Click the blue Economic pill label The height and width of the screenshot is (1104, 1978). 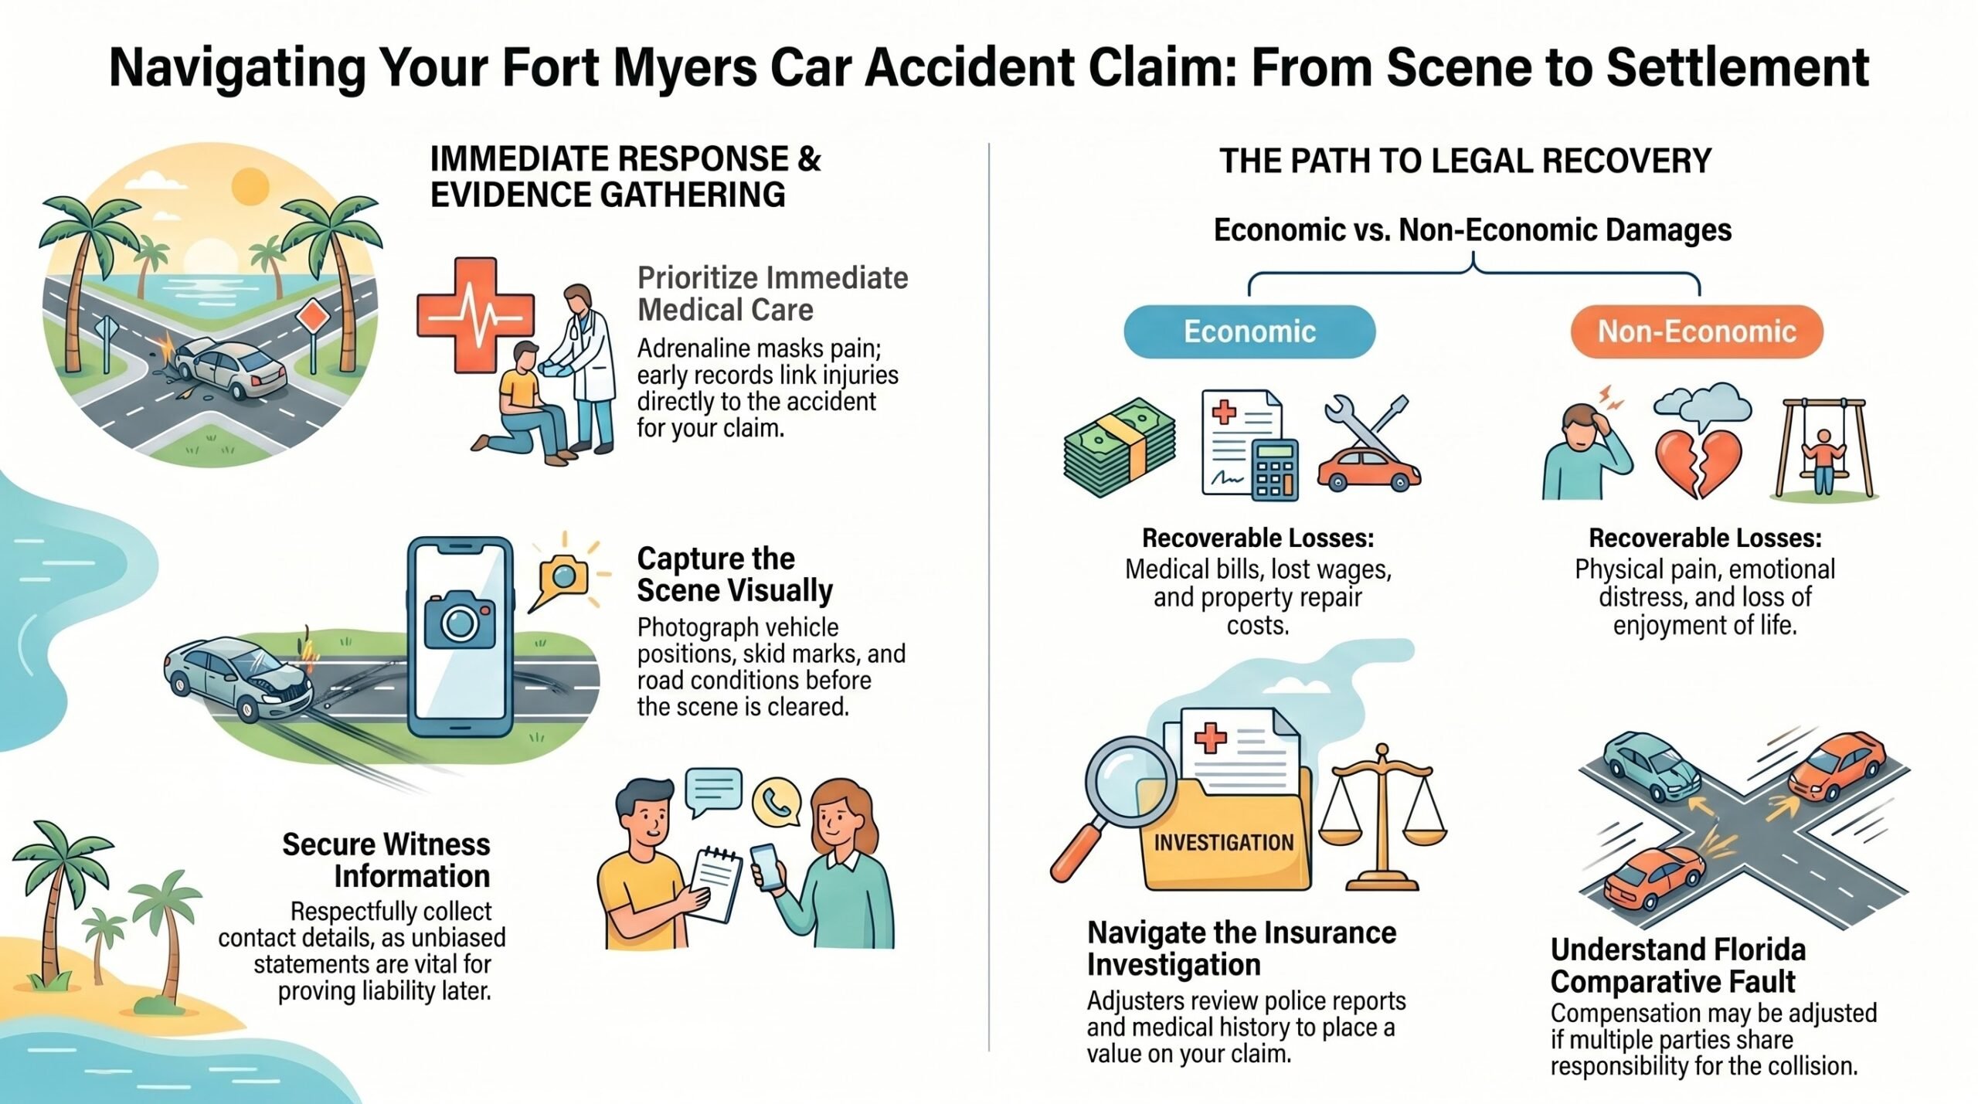(1249, 331)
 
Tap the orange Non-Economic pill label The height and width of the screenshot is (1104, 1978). (1697, 331)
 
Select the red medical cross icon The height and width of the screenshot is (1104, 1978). (474, 315)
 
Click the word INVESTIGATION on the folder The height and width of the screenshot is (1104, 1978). (1223, 842)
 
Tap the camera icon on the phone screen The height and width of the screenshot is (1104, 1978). (460, 619)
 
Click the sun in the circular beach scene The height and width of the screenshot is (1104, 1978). (249, 187)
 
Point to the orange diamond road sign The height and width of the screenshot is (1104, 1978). (312, 317)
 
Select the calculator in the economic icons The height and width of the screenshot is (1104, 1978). (1275, 469)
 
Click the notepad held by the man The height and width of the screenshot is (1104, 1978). (715, 885)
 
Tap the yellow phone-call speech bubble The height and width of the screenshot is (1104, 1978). (776, 804)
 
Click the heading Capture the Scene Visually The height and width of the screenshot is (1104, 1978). (735, 574)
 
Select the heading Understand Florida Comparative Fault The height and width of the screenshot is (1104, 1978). (1677, 966)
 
